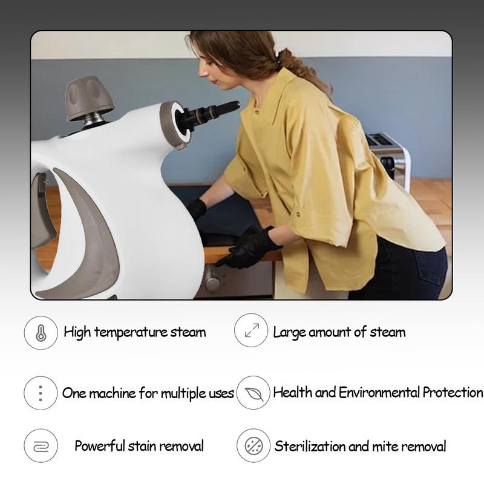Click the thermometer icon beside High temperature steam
(x=41, y=332)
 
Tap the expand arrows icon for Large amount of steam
(x=251, y=330)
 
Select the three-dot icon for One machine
(x=41, y=393)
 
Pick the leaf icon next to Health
(x=253, y=393)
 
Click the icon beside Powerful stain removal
(x=41, y=446)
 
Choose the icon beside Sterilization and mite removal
(x=253, y=446)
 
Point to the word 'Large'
(x=289, y=332)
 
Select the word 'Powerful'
(x=99, y=446)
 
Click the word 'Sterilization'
(x=310, y=447)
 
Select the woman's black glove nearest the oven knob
(x=248, y=248)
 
